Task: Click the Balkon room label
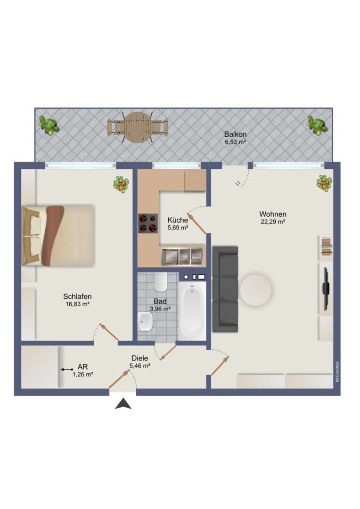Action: [235, 134]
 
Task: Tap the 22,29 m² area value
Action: [273, 222]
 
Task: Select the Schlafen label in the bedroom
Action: [77, 296]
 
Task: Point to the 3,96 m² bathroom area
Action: [160, 309]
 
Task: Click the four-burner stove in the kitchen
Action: [148, 223]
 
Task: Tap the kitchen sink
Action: [181, 256]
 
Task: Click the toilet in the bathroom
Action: [160, 281]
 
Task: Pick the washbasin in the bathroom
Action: [145, 322]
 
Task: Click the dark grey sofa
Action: [225, 289]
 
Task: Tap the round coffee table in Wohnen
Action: [255, 290]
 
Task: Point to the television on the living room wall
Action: [326, 287]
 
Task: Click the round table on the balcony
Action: [138, 127]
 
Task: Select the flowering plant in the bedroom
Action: [121, 184]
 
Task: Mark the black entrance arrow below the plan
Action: [123, 404]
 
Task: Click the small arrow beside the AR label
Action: [67, 369]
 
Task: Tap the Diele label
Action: [140, 358]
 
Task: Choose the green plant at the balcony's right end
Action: [317, 124]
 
